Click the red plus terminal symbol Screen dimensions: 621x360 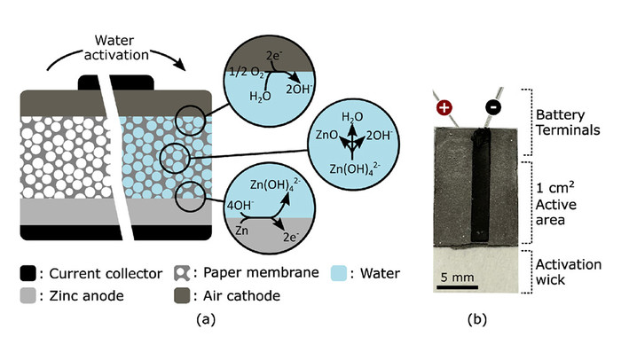pyautogui.click(x=444, y=107)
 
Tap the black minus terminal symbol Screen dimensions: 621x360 pyautogui.click(x=493, y=107)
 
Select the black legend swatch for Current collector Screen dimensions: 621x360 pyautogui.click(x=28, y=273)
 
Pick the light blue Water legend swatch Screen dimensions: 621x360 pyautogui.click(x=339, y=273)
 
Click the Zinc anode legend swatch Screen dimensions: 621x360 pyautogui.click(x=28, y=295)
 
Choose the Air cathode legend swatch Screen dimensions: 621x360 pyautogui.click(x=182, y=295)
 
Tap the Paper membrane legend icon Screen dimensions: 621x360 pyautogui.click(x=182, y=273)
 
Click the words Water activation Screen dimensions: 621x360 pyautogui.click(x=115, y=48)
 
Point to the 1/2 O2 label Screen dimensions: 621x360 pyautogui.click(x=247, y=73)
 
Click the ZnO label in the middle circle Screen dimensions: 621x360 pyautogui.click(x=326, y=135)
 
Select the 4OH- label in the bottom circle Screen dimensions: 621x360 pyautogui.click(x=240, y=205)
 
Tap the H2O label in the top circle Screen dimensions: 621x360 pyautogui.click(x=260, y=97)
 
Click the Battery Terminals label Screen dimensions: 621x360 pyautogui.click(x=568, y=122)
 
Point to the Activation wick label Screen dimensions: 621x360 pyautogui.click(x=569, y=272)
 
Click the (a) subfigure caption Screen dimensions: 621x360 pyautogui.click(x=206, y=319)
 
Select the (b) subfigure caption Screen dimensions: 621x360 pyautogui.click(x=477, y=319)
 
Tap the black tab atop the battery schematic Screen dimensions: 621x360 pyautogui.click(x=116, y=82)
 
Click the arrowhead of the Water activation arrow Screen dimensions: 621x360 pyautogui.click(x=181, y=66)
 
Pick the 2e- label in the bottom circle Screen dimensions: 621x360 pyautogui.click(x=290, y=237)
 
